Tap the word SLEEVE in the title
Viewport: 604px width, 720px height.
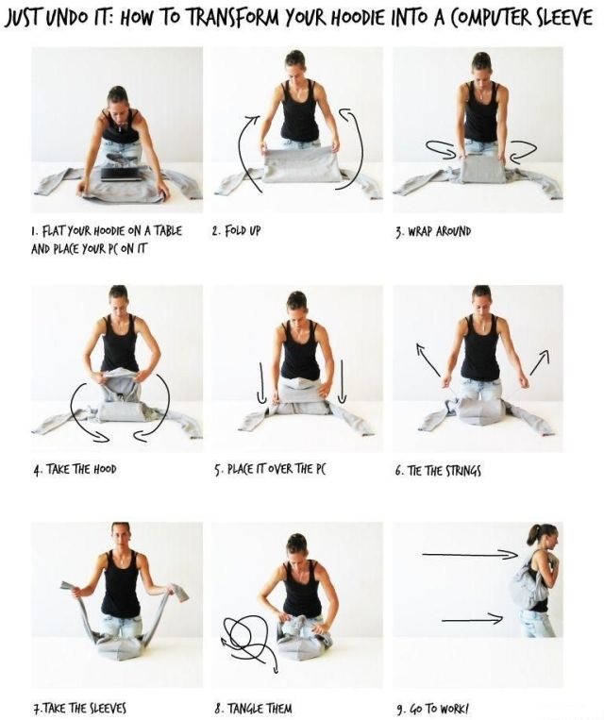(564, 17)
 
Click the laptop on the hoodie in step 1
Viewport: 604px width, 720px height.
(122, 174)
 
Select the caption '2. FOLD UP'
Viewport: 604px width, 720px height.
(236, 230)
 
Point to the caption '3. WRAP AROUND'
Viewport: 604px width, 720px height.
(433, 231)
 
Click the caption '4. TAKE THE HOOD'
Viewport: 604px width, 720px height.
(75, 469)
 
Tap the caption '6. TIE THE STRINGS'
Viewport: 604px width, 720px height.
(438, 471)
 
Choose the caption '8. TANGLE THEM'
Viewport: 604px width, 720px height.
(253, 708)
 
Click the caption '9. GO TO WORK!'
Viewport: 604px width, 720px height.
(431, 709)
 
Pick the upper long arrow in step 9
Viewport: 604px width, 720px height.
(470, 555)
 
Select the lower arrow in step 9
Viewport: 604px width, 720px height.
(472, 620)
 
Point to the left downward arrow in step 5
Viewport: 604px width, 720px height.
(262, 383)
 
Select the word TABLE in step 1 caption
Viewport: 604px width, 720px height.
(167, 231)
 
